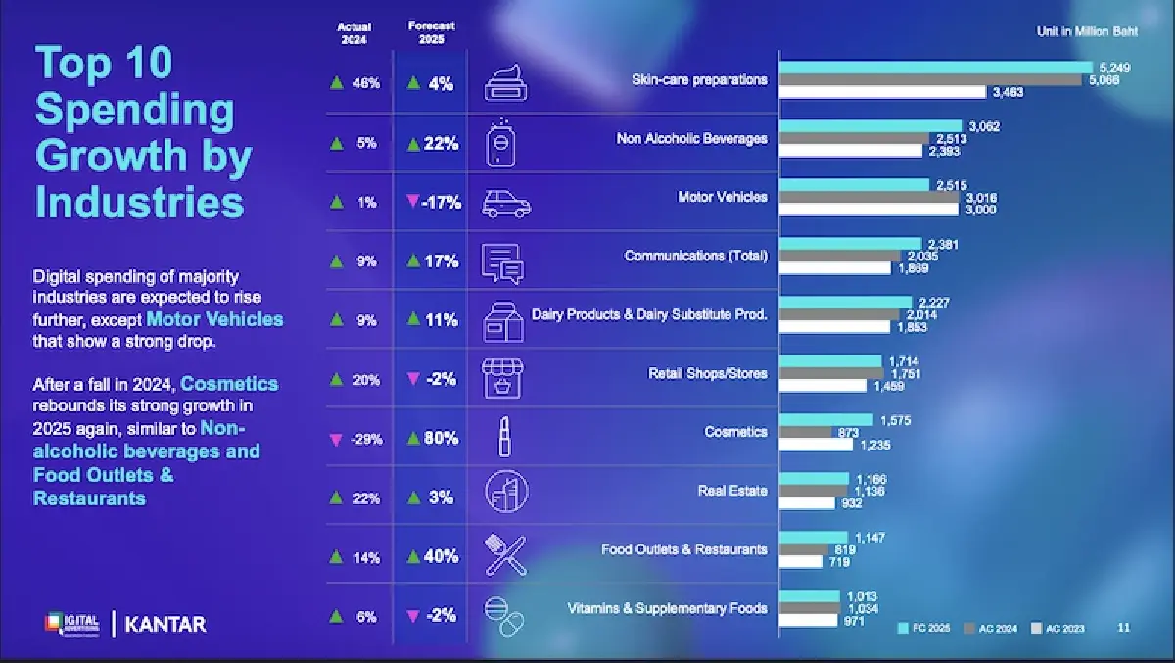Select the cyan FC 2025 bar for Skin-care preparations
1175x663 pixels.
coord(935,67)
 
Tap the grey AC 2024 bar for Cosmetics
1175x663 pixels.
coord(804,432)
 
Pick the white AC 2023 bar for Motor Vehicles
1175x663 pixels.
coord(869,210)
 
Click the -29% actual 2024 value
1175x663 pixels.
coord(358,439)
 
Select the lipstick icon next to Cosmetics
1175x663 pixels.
coord(505,436)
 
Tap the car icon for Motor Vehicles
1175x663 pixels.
coord(506,204)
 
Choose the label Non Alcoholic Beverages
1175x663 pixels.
coord(691,139)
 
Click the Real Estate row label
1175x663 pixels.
coord(732,491)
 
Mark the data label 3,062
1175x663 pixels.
coord(983,126)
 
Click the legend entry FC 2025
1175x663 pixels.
coord(924,628)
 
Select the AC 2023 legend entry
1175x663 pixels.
coord(1062,628)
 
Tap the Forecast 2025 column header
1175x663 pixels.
coord(432,32)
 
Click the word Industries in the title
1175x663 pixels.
coord(139,203)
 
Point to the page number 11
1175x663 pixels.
coord(1123,627)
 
